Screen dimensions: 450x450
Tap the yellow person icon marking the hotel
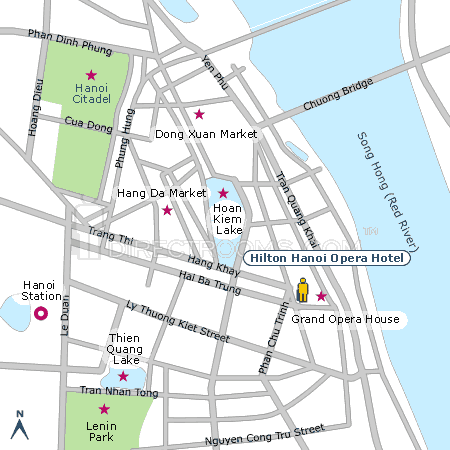coord(303,291)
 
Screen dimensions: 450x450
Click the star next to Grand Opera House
coord(321,296)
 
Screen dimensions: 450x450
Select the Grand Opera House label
coord(345,320)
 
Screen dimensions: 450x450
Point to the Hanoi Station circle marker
coord(41,314)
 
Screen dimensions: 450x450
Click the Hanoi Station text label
coord(41,290)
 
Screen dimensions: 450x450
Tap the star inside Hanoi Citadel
coord(91,75)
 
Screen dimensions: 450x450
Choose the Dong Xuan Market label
coord(206,133)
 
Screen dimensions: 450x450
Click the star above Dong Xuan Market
coord(199,114)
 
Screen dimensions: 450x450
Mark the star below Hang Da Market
coord(167,210)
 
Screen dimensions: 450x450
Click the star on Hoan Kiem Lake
coord(223,193)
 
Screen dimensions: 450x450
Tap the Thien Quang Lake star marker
coord(123,377)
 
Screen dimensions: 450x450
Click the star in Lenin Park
coord(103,408)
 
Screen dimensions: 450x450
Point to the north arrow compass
coord(17,424)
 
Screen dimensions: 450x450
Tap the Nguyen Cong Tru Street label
coord(264,434)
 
